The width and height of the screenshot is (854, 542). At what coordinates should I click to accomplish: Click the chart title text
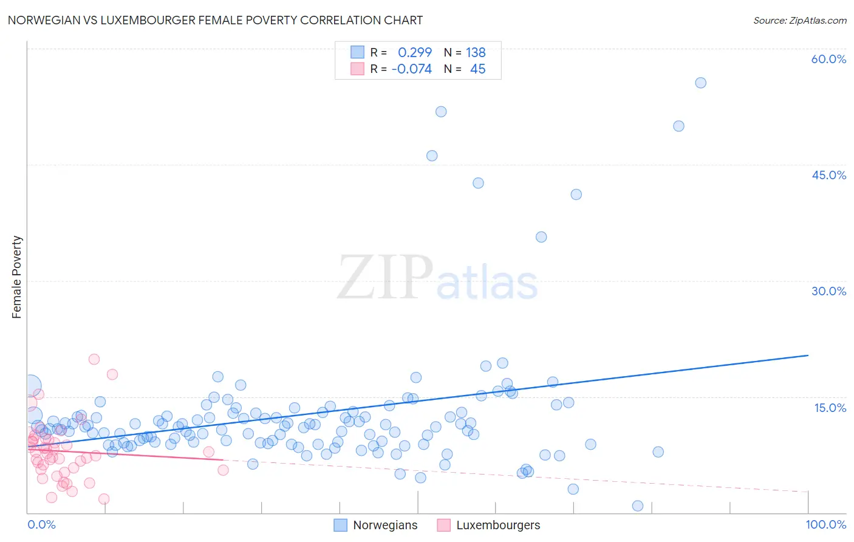(x=215, y=20)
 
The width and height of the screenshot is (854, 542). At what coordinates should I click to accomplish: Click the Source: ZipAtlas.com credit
(x=799, y=20)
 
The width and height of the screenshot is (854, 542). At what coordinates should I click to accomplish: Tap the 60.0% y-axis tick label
(x=828, y=59)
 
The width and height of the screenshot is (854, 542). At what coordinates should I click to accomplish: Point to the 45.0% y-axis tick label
(x=828, y=175)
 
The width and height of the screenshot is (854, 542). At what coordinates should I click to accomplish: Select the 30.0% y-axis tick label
(x=828, y=291)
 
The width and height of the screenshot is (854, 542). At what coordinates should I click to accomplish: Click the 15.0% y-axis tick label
(x=830, y=408)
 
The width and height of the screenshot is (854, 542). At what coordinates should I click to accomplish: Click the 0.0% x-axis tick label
(x=41, y=524)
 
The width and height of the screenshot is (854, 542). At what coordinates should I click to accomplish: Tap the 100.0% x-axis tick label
(x=825, y=524)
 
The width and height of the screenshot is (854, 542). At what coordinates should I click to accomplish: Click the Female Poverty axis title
(x=16, y=277)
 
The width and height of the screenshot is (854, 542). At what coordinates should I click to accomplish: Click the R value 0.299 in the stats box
(x=415, y=52)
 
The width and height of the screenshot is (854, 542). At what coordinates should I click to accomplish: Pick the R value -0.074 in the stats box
(x=412, y=69)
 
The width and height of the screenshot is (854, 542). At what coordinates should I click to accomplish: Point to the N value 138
(x=476, y=52)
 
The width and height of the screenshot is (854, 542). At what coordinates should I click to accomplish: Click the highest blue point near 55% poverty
(x=700, y=83)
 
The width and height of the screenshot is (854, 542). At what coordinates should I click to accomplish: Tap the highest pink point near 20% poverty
(x=94, y=359)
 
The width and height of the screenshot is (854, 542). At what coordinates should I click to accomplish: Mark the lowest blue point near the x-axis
(x=638, y=506)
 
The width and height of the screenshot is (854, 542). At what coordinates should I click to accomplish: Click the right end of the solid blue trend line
(x=808, y=355)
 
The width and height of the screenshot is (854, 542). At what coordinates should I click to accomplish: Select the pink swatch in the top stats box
(x=357, y=69)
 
